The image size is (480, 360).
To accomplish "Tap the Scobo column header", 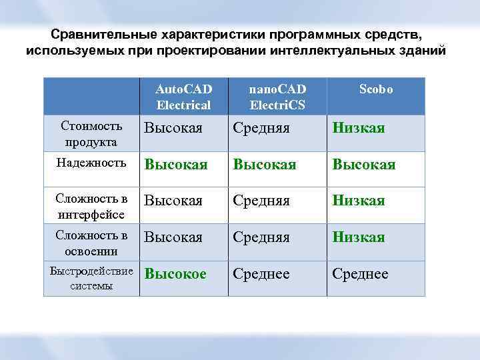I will tap(376, 89).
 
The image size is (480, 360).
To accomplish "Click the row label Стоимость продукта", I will tap(91, 133).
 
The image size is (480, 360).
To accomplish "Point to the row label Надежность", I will tap(91, 163).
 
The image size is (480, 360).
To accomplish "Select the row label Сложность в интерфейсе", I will tap(91, 205).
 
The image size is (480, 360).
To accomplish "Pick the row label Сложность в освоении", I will tap(91, 243).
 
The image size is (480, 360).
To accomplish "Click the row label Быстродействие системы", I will tap(91, 279).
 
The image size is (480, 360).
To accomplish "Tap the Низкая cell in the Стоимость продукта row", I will tap(359, 128).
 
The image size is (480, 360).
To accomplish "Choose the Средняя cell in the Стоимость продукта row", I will tap(261, 128).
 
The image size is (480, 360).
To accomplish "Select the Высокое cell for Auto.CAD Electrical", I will tap(176, 274).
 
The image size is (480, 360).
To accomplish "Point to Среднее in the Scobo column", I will tap(361, 274).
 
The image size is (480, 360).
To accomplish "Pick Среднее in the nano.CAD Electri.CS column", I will tap(261, 274).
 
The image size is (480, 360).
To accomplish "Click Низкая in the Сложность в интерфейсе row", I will tap(359, 201).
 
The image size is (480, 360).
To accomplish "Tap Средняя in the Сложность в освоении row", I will tap(261, 237).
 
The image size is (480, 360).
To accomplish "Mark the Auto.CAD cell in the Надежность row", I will tap(176, 165).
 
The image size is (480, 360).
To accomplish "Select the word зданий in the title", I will tap(421, 51).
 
